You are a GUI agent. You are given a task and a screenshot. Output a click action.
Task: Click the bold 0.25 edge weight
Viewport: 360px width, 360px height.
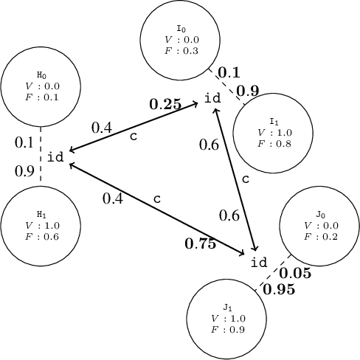[165, 105]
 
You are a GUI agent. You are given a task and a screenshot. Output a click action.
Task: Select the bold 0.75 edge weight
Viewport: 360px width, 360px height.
[200, 245]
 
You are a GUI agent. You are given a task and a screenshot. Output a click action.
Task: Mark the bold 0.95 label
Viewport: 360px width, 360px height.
[279, 289]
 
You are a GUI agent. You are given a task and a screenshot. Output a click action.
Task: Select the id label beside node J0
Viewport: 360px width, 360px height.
[259, 263]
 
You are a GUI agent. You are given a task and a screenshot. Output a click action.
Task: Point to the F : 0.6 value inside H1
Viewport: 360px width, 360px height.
[41, 236]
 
